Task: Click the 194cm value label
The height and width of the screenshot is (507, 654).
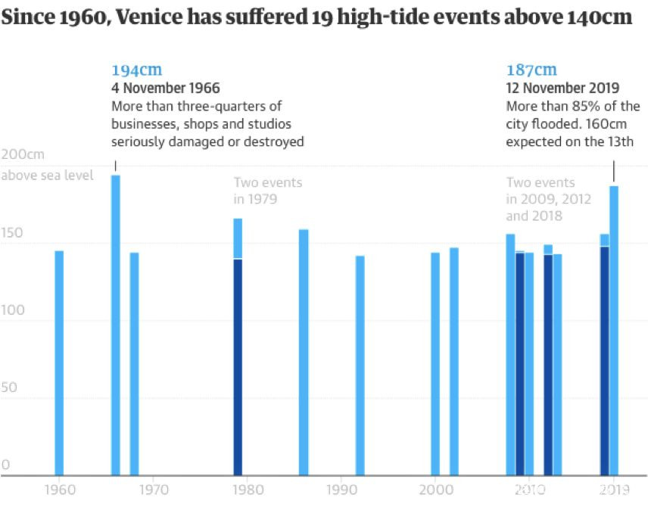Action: [x=136, y=71]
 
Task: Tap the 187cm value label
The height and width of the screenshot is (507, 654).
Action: [x=531, y=71]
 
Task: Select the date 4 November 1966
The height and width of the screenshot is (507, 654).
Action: [x=166, y=89]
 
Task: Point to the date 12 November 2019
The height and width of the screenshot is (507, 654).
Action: [x=562, y=89]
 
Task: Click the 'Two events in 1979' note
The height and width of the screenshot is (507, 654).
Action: [x=267, y=191]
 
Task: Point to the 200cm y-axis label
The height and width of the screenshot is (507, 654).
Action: [x=23, y=154]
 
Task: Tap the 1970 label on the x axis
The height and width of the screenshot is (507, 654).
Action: [x=153, y=489]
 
